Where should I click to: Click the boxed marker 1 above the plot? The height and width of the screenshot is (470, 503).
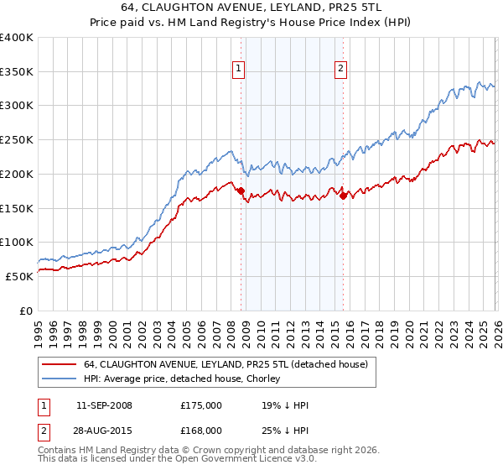(240, 70)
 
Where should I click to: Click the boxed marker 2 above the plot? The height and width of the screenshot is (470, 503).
(342, 70)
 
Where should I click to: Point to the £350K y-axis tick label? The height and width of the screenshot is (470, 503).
(17, 72)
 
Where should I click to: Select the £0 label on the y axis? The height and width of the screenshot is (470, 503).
(26, 311)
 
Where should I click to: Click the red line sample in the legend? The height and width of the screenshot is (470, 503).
(59, 364)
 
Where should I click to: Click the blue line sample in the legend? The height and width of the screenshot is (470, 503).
(59, 379)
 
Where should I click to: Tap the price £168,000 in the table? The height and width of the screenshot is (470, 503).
(200, 430)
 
